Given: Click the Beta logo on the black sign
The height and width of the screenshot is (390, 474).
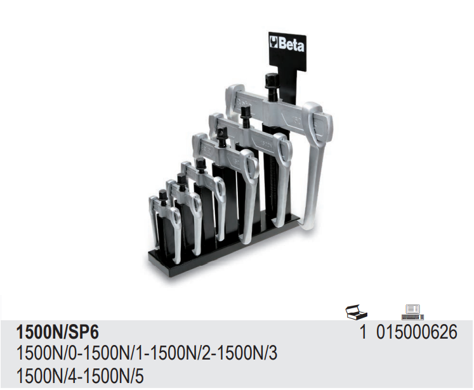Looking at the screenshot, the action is [287, 44].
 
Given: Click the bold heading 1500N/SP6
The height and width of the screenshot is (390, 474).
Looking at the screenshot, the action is [58, 332].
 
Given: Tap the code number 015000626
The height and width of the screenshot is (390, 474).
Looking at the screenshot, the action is [417, 332].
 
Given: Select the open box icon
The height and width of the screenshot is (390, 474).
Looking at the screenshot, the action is [357, 311].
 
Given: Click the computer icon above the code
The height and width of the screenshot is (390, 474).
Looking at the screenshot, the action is [412, 312].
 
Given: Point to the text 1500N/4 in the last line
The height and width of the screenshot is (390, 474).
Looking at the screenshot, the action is [46, 377].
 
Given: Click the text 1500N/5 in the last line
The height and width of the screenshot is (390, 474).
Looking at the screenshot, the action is [114, 377].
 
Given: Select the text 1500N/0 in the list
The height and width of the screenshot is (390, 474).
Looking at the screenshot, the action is [46, 353].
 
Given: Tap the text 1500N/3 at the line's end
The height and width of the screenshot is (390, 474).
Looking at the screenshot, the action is [247, 353].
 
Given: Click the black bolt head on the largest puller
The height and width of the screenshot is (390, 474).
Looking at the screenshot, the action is [270, 81].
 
